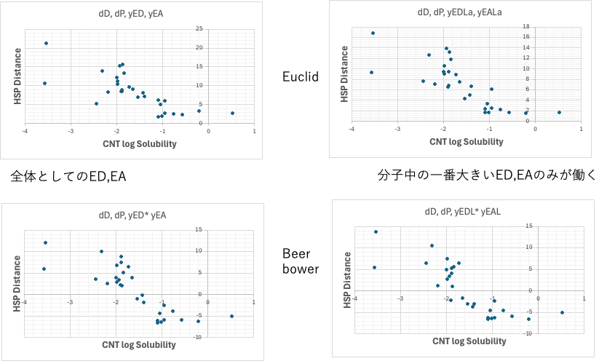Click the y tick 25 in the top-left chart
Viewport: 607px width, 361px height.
point(199,28)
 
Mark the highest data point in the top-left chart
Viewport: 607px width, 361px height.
point(46,43)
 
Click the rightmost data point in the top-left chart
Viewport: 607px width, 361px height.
point(232,113)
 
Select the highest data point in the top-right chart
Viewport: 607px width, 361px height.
point(373,33)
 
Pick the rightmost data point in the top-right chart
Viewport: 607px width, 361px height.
point(559,112)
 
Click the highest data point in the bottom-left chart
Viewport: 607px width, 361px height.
point(45,242)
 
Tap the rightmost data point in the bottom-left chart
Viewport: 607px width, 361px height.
point(231,316)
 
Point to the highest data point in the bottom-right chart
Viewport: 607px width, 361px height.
point(376,231)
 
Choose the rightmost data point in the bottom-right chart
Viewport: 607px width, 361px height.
point(562,312)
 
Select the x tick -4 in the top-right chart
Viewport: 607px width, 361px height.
point(352,129)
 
